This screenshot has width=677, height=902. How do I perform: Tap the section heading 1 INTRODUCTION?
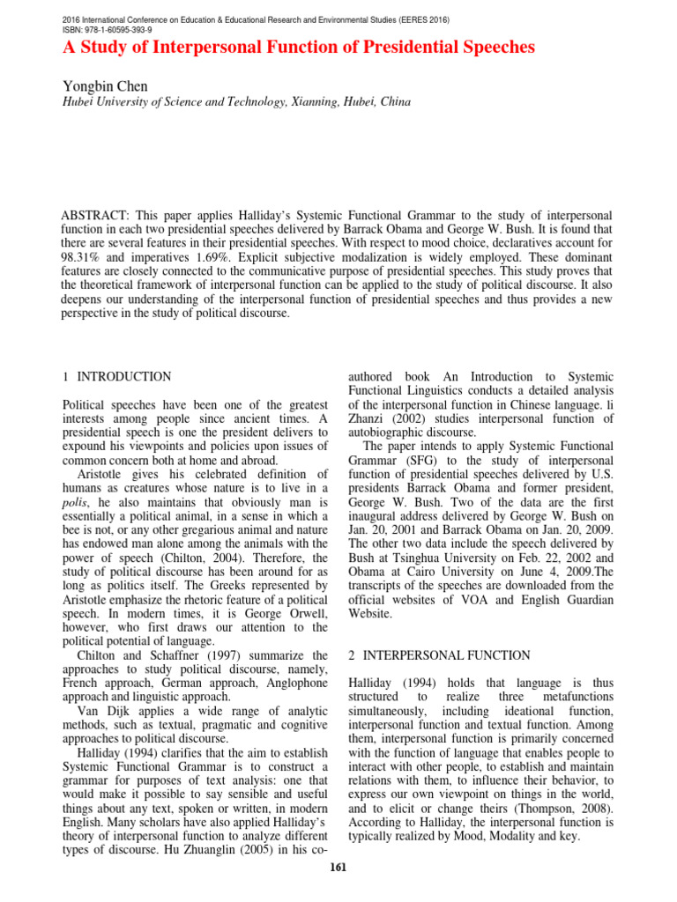[x=117, y=377]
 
